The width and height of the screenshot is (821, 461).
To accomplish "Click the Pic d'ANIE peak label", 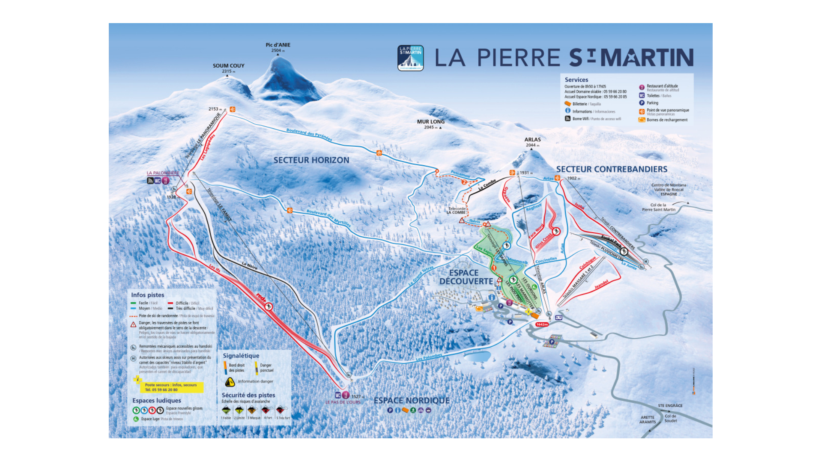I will click(x=278, y=45).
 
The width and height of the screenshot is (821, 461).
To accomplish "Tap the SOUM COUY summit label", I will click(x=229, y=66).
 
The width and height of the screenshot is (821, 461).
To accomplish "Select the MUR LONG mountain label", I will click(x=431, y=122).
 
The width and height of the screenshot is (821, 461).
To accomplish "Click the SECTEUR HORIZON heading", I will click(x=311, y=160).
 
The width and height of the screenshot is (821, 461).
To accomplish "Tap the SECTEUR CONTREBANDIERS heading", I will click(x=612, y=170).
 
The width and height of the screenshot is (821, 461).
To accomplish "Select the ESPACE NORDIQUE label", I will click(x=412, y=401).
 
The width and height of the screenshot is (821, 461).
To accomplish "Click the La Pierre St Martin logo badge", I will click(x=410, y=58).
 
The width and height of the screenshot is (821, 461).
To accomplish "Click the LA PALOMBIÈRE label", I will click(x=163, y=173).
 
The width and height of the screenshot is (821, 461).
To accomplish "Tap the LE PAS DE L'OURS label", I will click(x=343, y=402).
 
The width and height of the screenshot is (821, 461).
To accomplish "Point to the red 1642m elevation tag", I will click(x=542, y=324).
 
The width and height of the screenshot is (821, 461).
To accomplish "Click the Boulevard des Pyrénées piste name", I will click(x=309, y=134).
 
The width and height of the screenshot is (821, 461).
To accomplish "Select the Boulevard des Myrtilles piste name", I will click(x=328, y=217).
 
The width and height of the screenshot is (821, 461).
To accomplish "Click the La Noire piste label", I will click(x=250, y=266).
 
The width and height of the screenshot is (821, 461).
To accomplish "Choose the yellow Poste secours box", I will click(x=171, y=387).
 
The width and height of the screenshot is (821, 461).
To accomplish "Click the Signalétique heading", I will click(x=241, y=356).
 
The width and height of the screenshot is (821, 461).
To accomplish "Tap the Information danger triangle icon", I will click(x=230, y=381).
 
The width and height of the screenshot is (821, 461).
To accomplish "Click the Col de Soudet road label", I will click(x=671, y=418).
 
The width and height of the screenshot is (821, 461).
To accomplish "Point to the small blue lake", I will click(x=477, y=356).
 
